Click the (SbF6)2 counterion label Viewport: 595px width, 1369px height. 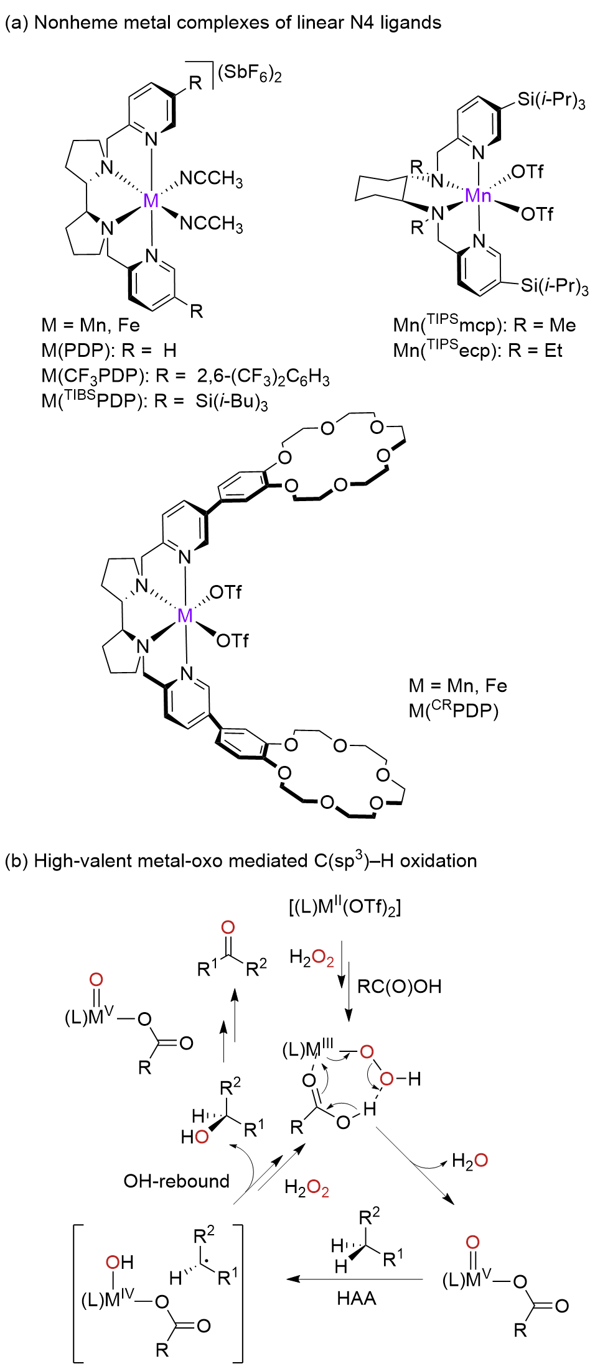click(x=250, y=73)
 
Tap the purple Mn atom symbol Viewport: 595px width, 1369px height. click(x=478, y=196)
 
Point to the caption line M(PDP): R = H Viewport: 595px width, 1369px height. click(x=109, y=351)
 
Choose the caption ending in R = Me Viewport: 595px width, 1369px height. click(x=484, y=325)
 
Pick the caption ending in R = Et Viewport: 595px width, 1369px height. click(x=477, y=351)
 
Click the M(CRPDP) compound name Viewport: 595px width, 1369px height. click(x=453, y=709)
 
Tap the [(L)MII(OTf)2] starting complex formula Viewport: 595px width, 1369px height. click(x=344, y=907)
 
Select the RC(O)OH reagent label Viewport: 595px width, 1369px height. click(x=399, y=986)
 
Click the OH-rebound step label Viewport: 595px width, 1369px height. click(x=177, y=1181)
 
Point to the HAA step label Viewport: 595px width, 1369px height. click(x=357, y=1298)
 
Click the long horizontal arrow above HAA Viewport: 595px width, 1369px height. click(x=355, y=1279)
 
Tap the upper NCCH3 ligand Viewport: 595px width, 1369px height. click(x=211, y=179)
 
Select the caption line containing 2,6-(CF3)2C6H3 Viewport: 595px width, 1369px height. click(x=185, y=377)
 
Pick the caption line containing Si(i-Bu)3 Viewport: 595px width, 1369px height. click(x=154, y=402)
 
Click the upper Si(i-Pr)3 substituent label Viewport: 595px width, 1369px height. click(x=551, y=99)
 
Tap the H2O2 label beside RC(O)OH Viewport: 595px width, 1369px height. click(x=311, y=957)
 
